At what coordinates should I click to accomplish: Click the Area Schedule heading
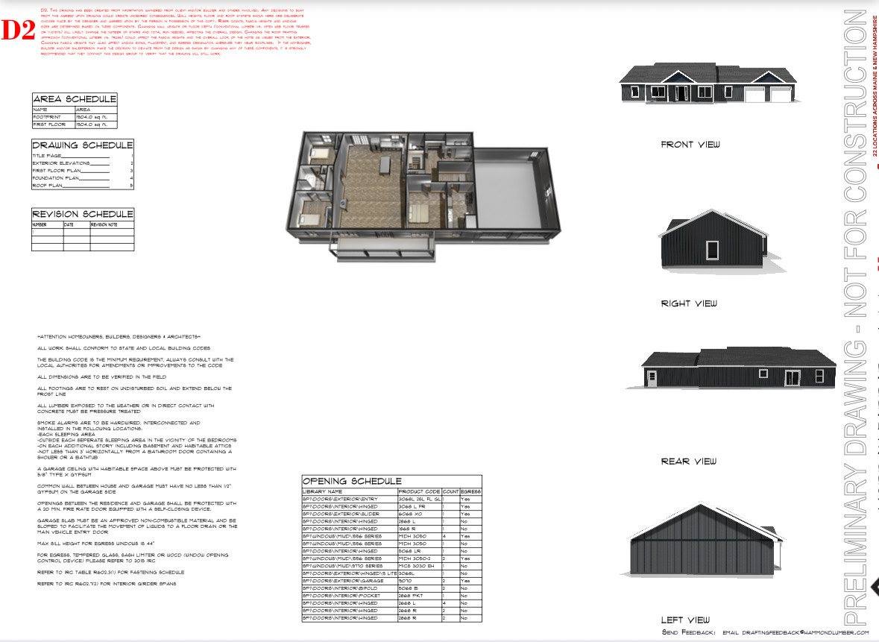[75, 99]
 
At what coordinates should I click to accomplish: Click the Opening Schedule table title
[352, 482]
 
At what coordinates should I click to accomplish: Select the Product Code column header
[419, 492]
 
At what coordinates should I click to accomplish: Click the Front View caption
[690, 145]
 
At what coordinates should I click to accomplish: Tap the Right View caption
[689, 303]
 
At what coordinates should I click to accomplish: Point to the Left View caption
[685, 620]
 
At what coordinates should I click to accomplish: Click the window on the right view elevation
[712, 250]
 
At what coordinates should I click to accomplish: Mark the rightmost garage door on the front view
[780, 95]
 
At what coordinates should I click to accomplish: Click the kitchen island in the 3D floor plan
[385, 163]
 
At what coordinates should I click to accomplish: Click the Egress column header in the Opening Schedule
[470, 492]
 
